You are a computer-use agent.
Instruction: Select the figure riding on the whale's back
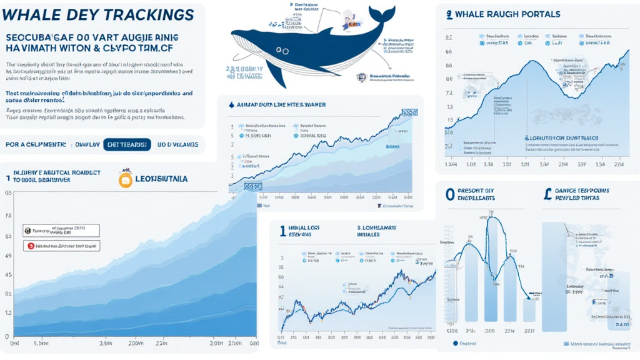[x=346, y=24]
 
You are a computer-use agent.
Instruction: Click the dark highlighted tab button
[x=127, y=145]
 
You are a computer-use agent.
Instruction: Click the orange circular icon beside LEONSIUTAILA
[x=126, y=180]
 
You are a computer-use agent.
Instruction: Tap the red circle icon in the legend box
[x=29, y=246]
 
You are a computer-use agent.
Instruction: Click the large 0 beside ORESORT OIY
[x=449, y=194]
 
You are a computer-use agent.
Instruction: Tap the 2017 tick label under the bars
[x=529, y=331]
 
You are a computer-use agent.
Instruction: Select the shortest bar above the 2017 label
[x=529, y=309]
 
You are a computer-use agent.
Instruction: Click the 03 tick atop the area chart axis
[x=8, y=193]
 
